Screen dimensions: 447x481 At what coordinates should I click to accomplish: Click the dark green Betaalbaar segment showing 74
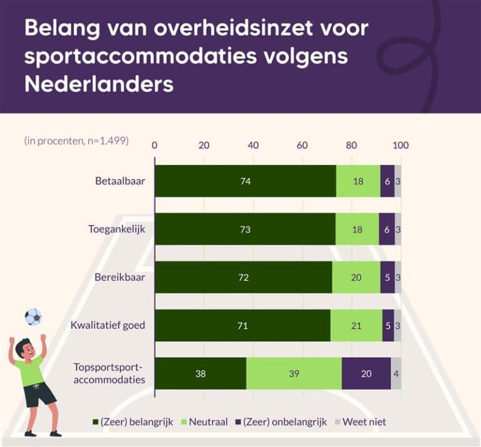click(x=245, y=181)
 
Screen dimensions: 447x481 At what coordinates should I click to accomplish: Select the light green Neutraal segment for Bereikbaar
click(x=356, y=277)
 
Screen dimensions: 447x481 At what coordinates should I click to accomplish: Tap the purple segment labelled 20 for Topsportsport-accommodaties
click(x=366, y=374)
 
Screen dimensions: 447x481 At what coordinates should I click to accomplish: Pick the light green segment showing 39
click(x=294, y=374)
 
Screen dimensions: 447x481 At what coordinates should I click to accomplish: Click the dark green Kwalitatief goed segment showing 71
click(x=242, y=325)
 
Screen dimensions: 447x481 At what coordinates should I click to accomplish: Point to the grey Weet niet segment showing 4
click(x=396, y=374)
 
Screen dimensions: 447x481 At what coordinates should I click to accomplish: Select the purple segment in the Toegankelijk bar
click(x=387, y=229)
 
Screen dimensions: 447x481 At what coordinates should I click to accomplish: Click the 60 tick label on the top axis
click(x=303, y=145)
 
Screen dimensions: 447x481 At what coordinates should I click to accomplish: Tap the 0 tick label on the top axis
click(x=155, y=145)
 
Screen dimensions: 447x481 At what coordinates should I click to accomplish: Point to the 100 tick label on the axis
click(x=400, y=145)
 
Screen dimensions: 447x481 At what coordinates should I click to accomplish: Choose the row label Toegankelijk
click(x=116, y=229)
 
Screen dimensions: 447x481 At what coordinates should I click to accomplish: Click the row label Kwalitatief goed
click(x=108, y=325)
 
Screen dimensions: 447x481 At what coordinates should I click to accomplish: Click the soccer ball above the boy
click(x=33, y=317)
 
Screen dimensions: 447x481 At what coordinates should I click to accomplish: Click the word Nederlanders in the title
click(x=98, y=83)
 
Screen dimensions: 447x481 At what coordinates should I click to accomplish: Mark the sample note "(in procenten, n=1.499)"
click(x=76, y=141)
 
